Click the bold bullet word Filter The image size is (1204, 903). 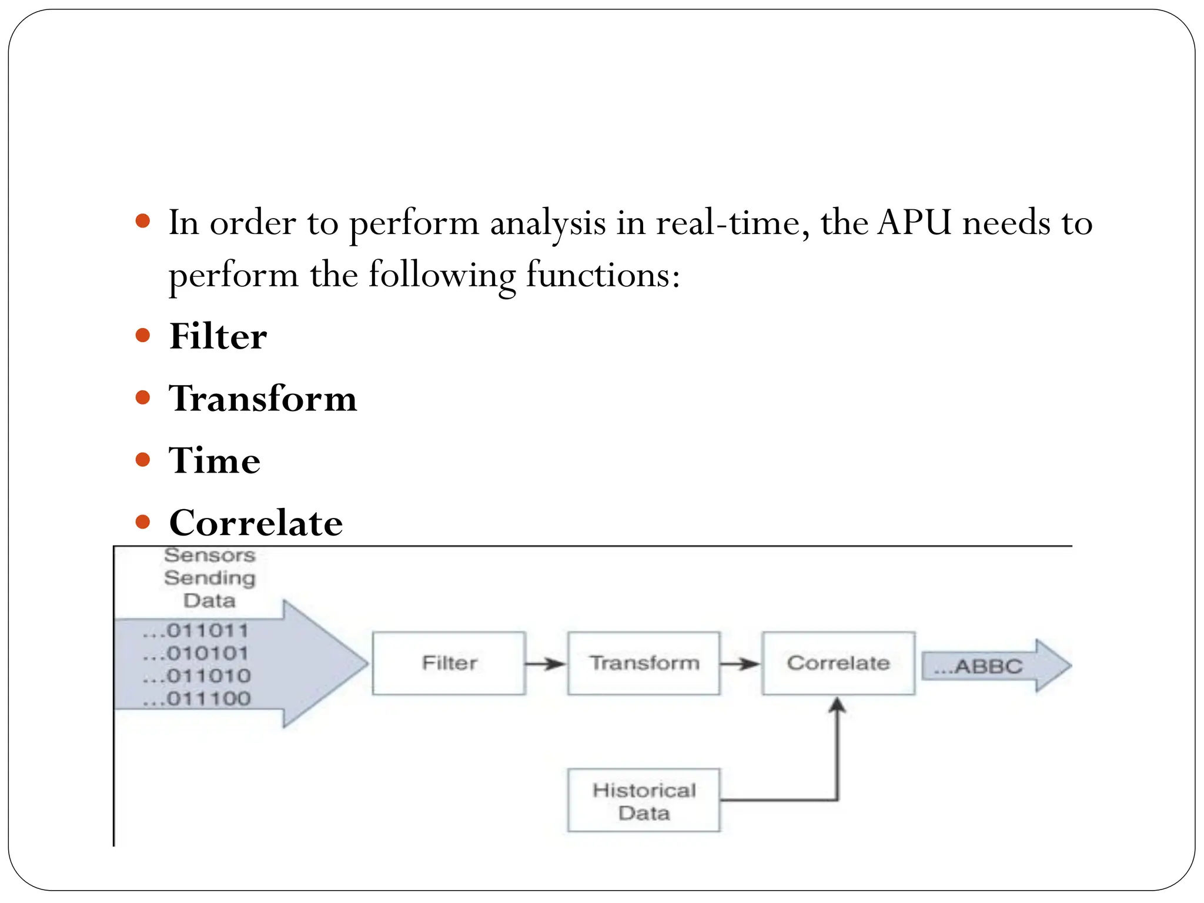[x=218, y=337]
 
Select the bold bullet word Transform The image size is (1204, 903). [x=263, y=399]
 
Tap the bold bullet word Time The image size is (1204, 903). [x=215, y=460]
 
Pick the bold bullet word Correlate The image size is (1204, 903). [x=256, y=523]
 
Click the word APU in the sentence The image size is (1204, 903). [x=914, y=223]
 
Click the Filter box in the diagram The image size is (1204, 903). [x=449, y=663]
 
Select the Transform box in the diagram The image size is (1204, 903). [x=644, y=663]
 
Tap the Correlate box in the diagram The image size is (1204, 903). [x=838, y=663]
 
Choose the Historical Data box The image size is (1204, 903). [x=644, y=801]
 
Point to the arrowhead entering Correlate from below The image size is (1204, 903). [x=838, y=705]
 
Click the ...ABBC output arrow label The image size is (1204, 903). [x=979, y=667]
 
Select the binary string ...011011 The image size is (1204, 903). [x=196, y=631]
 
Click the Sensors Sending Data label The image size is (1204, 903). [x=210, y=578]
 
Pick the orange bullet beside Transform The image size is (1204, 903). [x=143, y=398]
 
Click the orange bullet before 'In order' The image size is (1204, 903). [x=143, y=222]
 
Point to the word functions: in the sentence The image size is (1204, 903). [x=603, y=275]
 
